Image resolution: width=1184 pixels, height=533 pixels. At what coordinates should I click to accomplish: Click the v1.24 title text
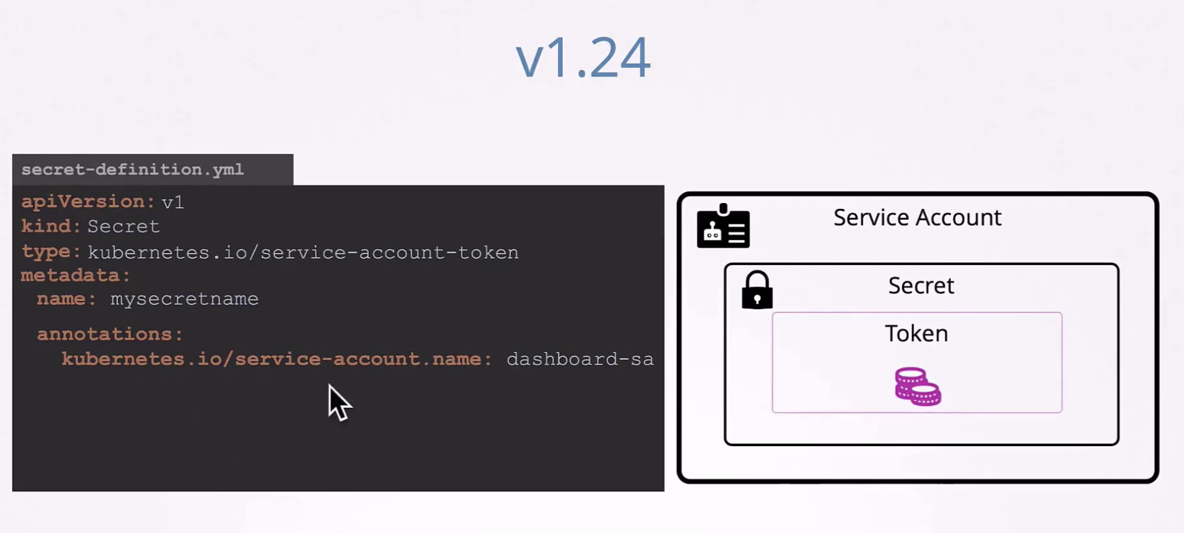click(583, 58)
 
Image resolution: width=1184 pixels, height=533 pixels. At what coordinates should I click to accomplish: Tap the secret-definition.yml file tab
click(153, 169)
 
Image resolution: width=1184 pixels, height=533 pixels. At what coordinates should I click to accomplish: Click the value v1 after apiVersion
click(173, 202)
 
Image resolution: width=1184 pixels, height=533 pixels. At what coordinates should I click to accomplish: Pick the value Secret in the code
click(123, 226)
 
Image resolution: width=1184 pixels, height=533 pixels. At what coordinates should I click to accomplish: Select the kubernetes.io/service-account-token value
click(303, 252)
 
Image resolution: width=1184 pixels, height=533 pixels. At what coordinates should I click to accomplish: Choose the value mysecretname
click(184, 299)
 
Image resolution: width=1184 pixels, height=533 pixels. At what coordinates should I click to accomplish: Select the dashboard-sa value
click(580, 359)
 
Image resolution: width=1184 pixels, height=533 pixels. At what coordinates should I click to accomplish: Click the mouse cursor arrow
click(338, 402)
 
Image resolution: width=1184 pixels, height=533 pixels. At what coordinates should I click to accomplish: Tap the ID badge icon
click(723, 226)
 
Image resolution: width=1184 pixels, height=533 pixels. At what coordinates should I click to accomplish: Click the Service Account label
click(917, 218)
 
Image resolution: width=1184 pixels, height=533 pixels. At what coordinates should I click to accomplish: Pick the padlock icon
click(757, 290)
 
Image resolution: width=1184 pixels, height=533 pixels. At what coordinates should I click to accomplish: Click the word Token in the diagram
click(917, 333)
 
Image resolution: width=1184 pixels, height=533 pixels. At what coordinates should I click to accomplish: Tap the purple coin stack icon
click(918, 386)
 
